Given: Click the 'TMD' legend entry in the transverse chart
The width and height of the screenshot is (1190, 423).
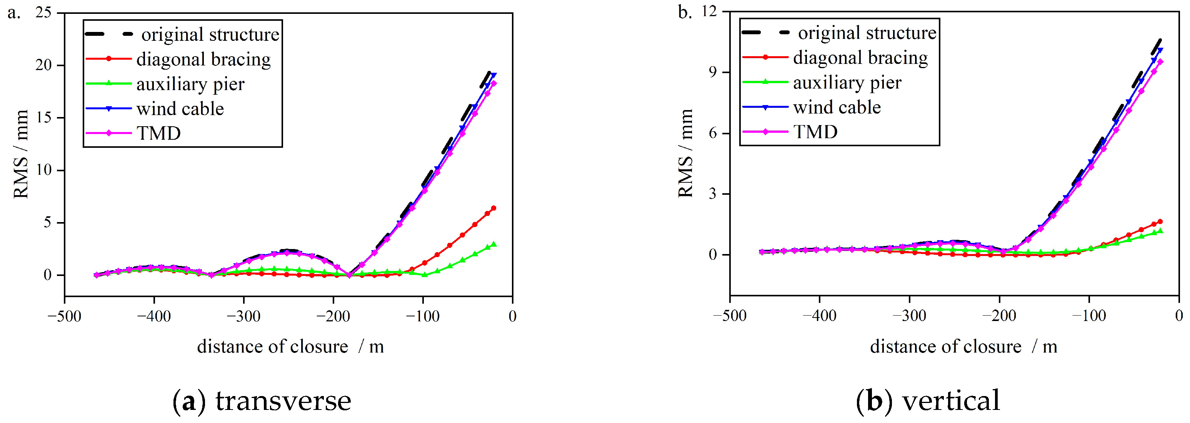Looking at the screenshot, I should (158, 133).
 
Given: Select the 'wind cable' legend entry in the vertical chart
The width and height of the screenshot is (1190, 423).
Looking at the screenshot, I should (837, 107).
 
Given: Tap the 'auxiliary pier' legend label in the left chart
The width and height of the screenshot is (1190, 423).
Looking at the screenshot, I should (190, 84).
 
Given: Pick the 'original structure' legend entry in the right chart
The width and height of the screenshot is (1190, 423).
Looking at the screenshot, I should (867, 33).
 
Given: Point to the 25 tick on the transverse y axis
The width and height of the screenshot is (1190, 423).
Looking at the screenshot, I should (44, 12).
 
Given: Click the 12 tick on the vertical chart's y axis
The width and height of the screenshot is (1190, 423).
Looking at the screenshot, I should (709, 11).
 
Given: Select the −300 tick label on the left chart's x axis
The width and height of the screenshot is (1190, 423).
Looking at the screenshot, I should (243, 316).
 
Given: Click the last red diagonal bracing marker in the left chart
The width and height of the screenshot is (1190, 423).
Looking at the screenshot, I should (493, 208).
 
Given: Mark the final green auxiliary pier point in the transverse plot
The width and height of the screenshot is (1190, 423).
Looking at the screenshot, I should (493, 244).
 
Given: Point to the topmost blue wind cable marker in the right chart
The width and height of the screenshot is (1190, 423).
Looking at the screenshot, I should (1160, 50).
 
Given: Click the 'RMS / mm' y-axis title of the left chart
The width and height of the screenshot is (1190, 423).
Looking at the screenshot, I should (21, 154).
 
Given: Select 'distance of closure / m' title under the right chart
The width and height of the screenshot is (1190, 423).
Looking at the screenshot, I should (963, 346).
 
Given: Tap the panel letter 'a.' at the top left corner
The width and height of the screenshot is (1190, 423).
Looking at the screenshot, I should (14, 13).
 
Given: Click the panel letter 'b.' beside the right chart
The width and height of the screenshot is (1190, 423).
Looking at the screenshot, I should (684, 12).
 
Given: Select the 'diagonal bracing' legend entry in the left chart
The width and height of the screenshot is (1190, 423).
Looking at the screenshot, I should (203, 59).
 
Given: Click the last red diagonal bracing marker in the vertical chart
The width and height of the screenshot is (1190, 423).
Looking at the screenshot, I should (1160, 221).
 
